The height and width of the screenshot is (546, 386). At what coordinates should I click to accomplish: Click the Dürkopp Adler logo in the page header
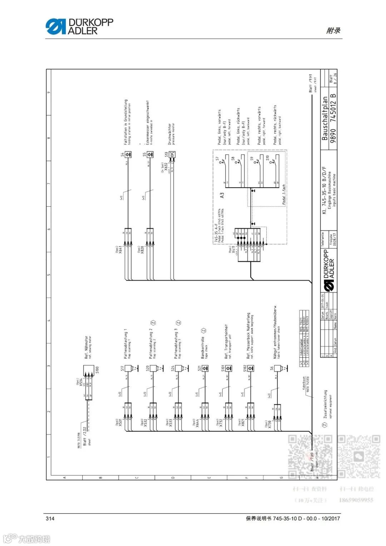pyautogui.click(x=79, y=26)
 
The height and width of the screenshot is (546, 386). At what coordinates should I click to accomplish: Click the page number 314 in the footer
pyautogui.click(x=50, y=518)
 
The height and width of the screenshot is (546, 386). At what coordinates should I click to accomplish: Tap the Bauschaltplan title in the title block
pyautogui.click(x=325, y=118)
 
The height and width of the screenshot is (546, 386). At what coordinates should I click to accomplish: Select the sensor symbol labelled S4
pyautogui.click(x=128, y=155)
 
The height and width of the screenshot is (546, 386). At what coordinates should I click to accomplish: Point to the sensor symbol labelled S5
pyautogui.click(x=150, y=155)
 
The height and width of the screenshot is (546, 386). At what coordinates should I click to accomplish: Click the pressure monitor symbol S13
pyautogui.click(x=172, y=155)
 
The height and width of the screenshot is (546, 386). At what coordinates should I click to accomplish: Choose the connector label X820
pyautogui.click(x=142, y=249)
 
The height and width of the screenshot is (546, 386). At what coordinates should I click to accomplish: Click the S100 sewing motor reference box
pyautogui.click(x=89, y=369)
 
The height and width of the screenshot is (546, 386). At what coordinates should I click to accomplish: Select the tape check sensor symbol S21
pyautogui.click(x=205, y=368)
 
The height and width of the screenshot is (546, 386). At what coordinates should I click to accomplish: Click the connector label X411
pyautogui.click(x=233, y=249)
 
